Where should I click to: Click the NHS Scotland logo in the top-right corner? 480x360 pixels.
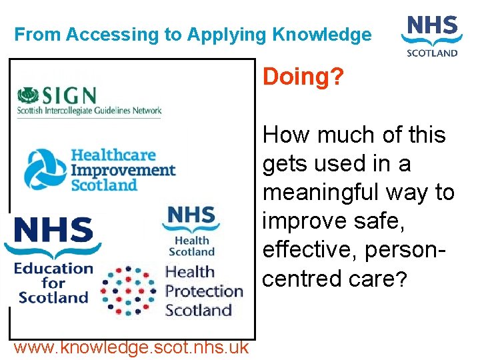(432, 37)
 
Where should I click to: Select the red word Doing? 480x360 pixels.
(303, 77)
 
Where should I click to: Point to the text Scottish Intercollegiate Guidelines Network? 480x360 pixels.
(89, 111)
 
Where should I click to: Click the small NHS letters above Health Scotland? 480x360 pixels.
(191, 217)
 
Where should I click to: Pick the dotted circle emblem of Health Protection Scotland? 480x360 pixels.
(129, 291)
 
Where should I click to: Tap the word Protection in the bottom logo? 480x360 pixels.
(204, 291)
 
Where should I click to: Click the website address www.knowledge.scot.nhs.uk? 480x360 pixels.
(131, 347)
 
